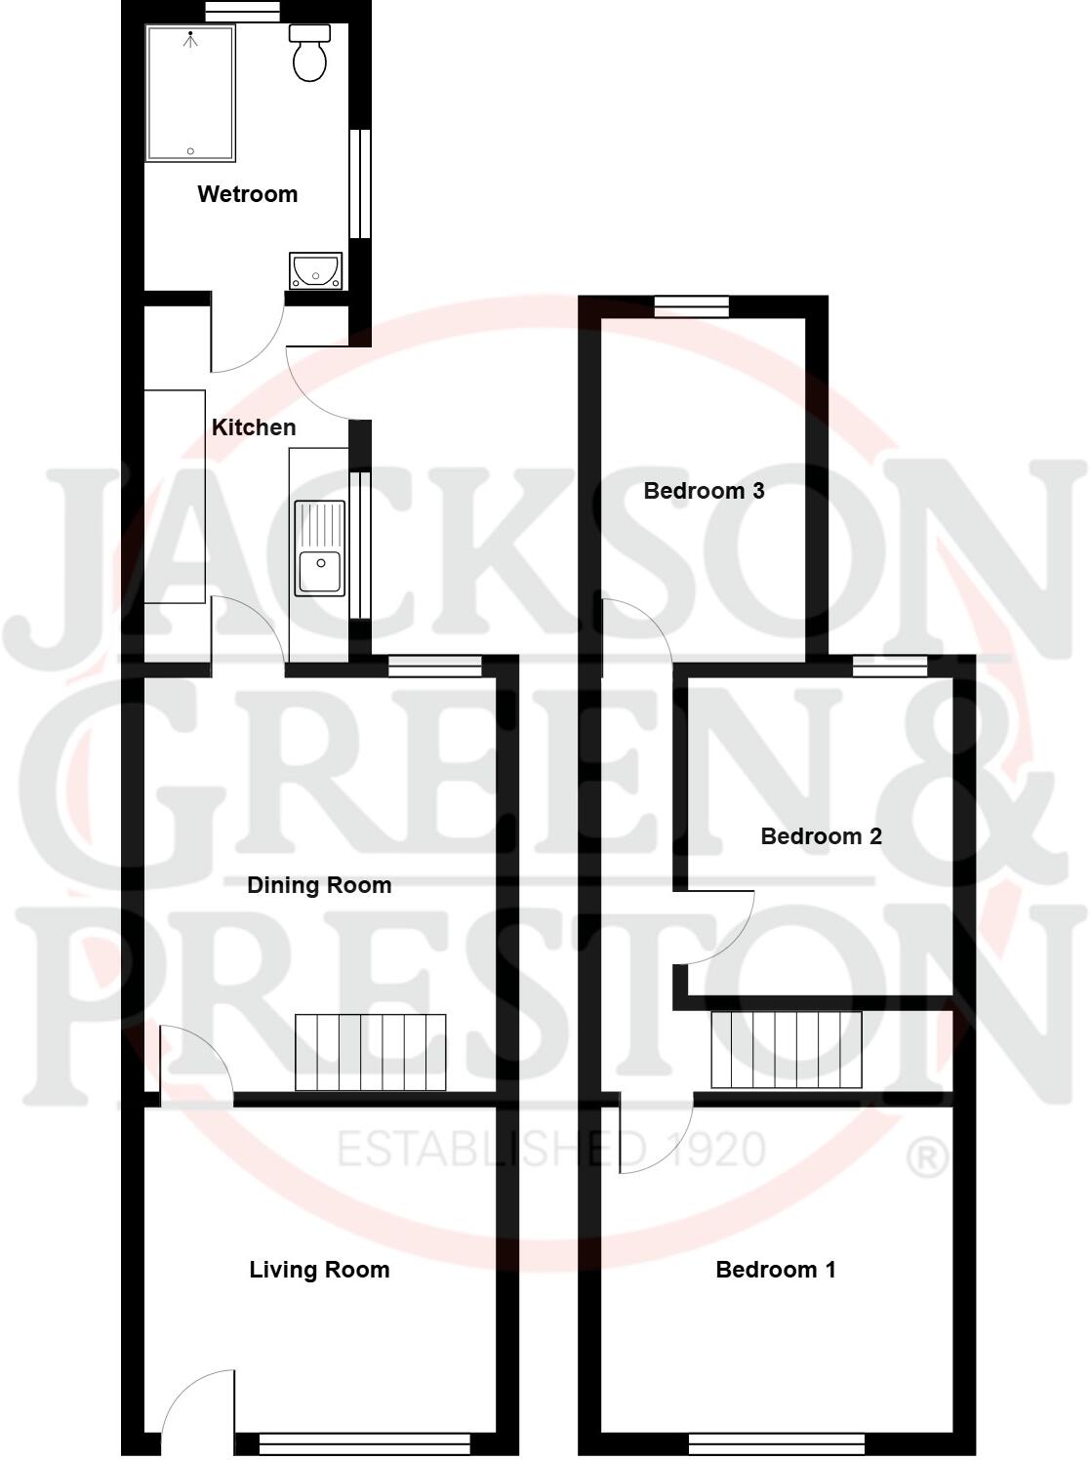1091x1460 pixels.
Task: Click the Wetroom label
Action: (247, 194)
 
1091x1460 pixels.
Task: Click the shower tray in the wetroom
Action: (190, 94)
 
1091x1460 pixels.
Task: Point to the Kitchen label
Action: (254, 427)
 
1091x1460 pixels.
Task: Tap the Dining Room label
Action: (319, 885)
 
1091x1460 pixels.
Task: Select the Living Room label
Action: (319, 1270)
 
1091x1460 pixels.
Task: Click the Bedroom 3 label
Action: (704, 491)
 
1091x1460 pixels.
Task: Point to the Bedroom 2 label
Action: (821, 836)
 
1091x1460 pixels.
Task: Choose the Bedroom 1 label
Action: (776, 1270)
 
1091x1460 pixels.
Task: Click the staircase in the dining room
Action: (370, 1052)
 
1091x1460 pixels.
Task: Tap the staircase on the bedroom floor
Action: (787, 1049)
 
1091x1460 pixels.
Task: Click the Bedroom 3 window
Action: (692, 306)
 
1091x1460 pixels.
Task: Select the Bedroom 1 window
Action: (776, 1441)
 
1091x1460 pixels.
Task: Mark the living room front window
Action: (365, 1441)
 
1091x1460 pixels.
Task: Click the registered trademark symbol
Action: (927, 1156)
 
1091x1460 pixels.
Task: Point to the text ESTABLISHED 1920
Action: (551, 1151)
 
